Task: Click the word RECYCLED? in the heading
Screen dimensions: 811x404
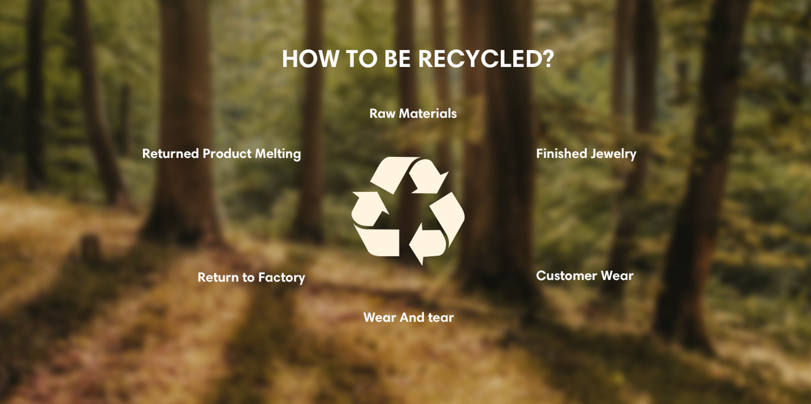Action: [x=486, y=59]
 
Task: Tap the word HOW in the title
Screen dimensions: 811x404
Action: [x=310, y=59]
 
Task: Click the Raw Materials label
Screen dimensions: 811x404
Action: [x=413, y=113]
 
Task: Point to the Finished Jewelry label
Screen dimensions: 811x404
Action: [x=586, y=154]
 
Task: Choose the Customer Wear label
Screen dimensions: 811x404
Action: [x=585, y=276]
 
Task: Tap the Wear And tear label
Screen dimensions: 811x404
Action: [x=408, y=317]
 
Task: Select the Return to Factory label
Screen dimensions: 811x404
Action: [x=251, y=278]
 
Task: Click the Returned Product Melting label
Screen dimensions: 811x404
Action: [x=221, y=154]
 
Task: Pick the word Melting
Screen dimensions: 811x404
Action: [x=278, y=154]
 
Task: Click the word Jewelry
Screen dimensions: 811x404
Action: [x=614, y=154]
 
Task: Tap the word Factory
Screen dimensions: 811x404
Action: [x=282, y=278]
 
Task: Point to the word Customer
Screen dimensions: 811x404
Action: [x=566, y=276]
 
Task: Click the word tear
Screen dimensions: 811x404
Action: [x=441, y=317]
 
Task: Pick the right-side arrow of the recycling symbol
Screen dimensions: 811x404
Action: [x=438, y=229]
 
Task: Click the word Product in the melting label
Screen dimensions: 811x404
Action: [x=227, y=154]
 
